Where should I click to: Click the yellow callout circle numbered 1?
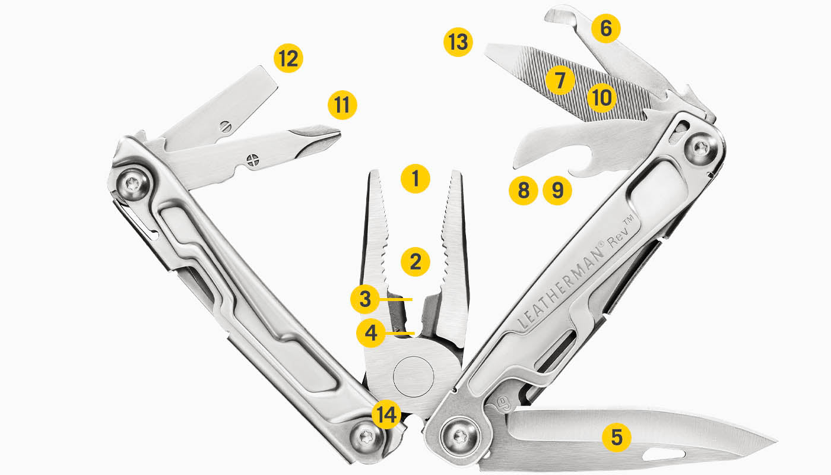click(x=415, y=178)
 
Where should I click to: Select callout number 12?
click(x=288, y=59)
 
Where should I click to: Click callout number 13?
click(x=458, y=43)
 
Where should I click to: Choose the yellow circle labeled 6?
click(x=605, y=28)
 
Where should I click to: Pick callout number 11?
click(x=342, y=105)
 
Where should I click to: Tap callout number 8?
click(x=523, y=191)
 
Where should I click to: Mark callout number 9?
click(x=557, y=191)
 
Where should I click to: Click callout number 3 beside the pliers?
click(x=365, y=300)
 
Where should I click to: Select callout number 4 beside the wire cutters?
click(x=371, y=333)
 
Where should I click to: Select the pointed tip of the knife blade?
click(x=775, y=442)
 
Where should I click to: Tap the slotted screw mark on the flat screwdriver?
click(x=224, y=126)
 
